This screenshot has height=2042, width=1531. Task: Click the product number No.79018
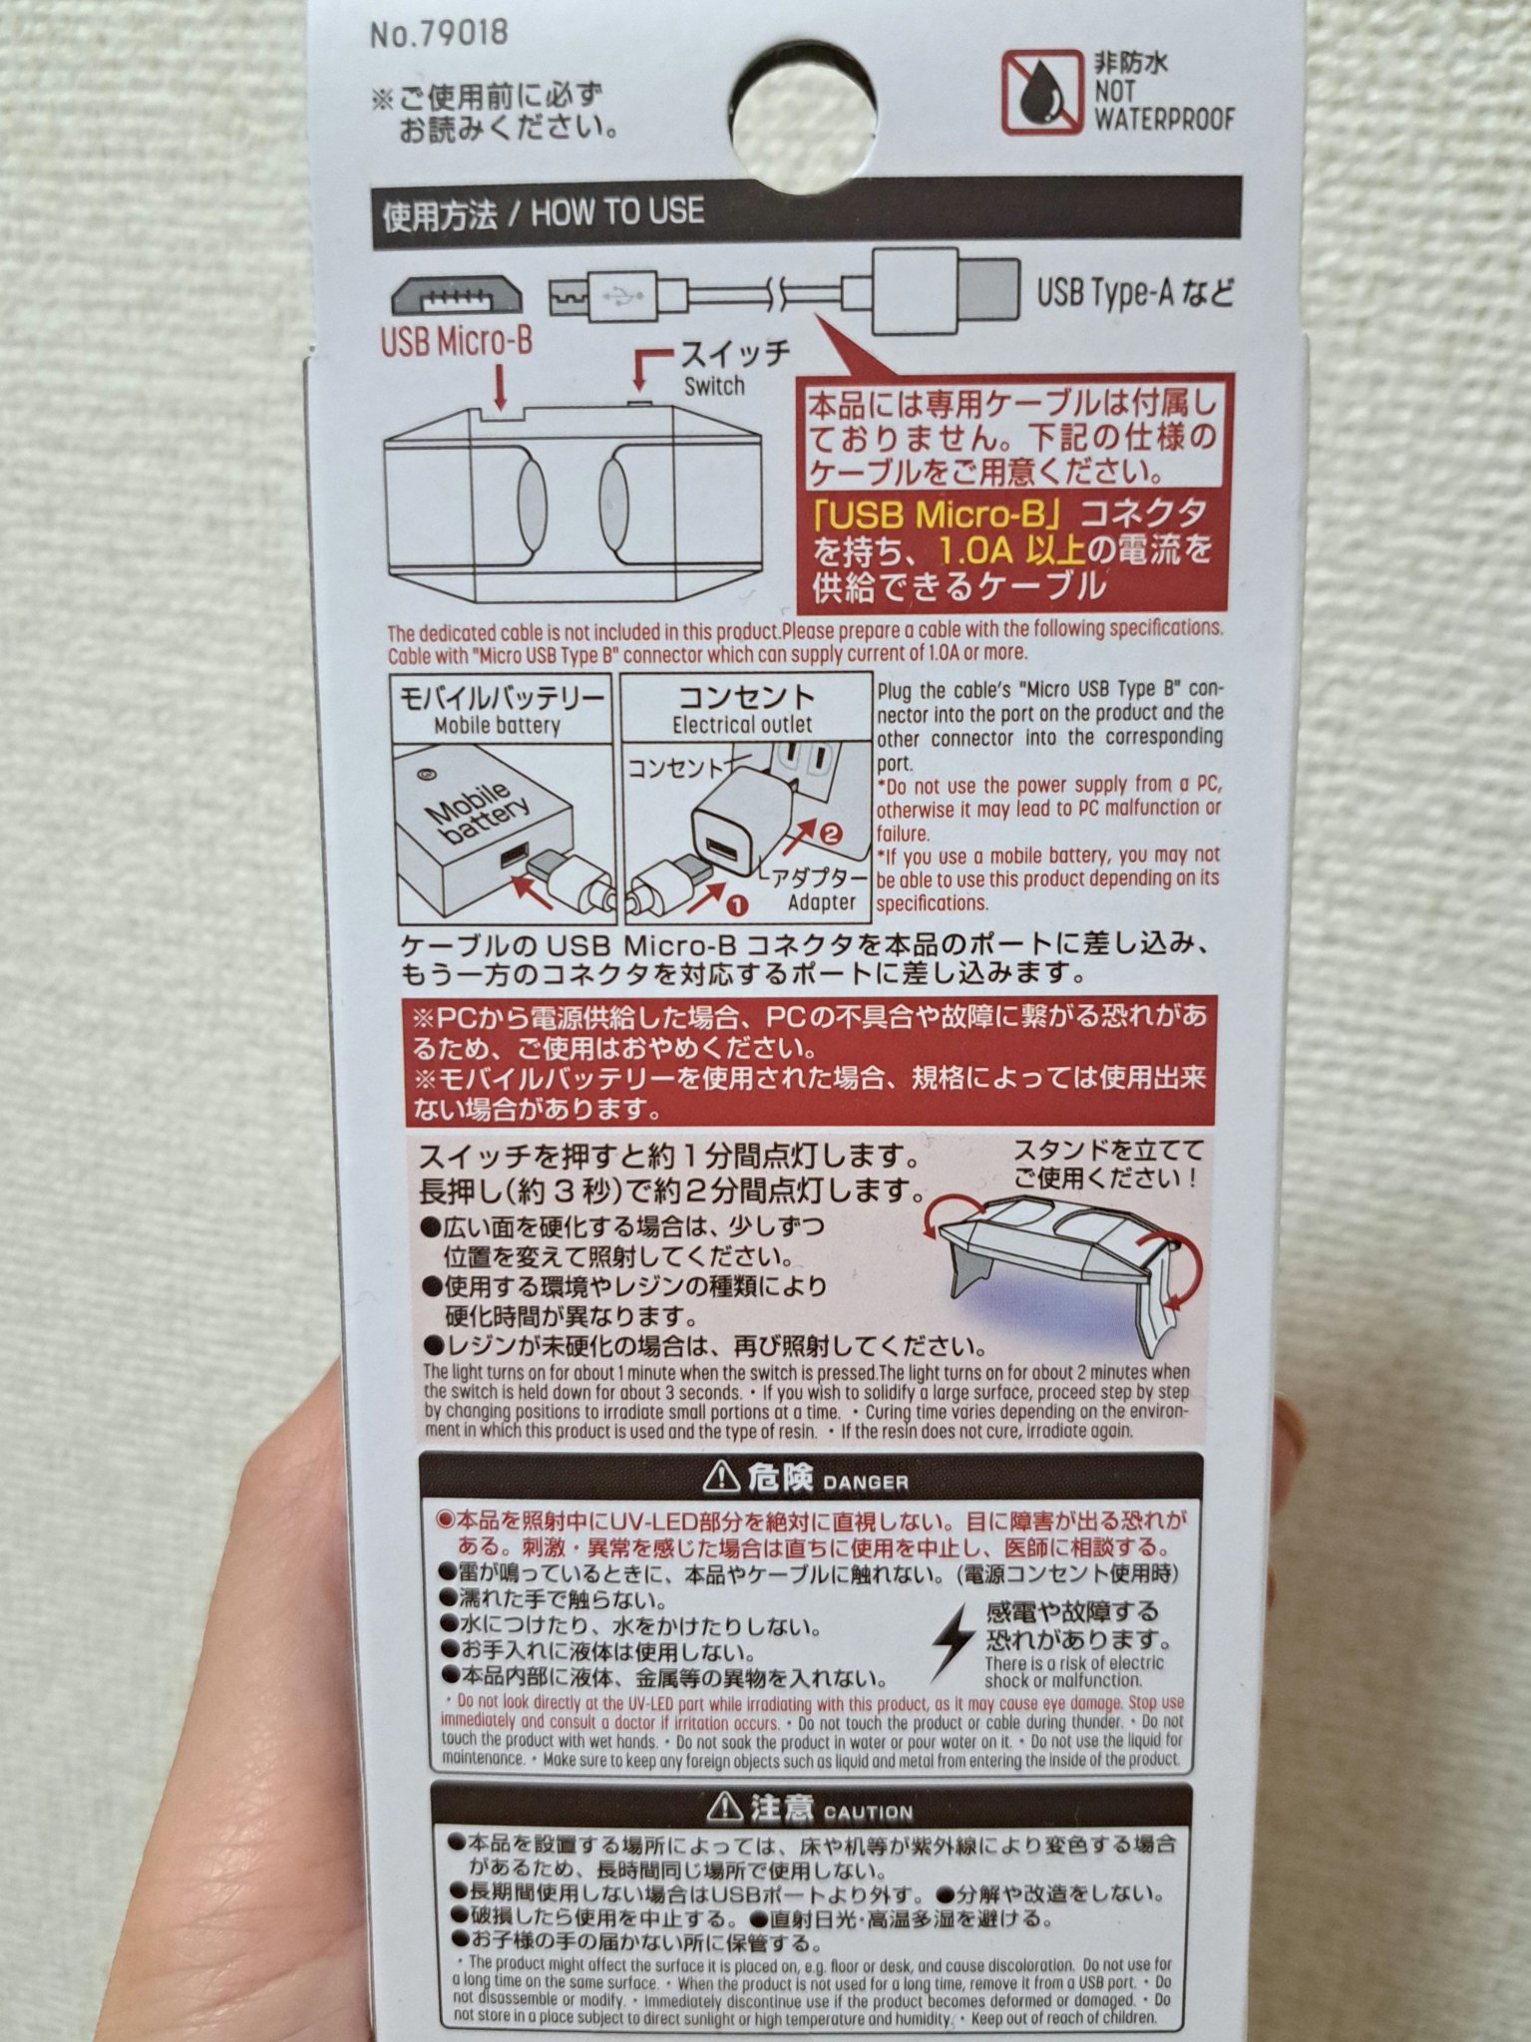click(439, 34)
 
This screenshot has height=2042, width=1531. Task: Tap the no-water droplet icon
click(1041, 92)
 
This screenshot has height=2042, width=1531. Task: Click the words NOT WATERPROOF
click(1163, 105)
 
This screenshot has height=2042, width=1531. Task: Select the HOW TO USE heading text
click(616, 211)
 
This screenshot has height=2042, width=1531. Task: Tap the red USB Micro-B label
click(456, 341)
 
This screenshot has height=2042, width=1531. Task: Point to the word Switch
click(714, 386)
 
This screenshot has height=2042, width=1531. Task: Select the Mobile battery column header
click(497, 726)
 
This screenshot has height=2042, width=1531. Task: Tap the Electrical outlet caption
click(742, 725)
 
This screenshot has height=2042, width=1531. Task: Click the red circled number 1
click(734, 906)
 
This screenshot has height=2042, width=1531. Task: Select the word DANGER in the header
click(866, 1483)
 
